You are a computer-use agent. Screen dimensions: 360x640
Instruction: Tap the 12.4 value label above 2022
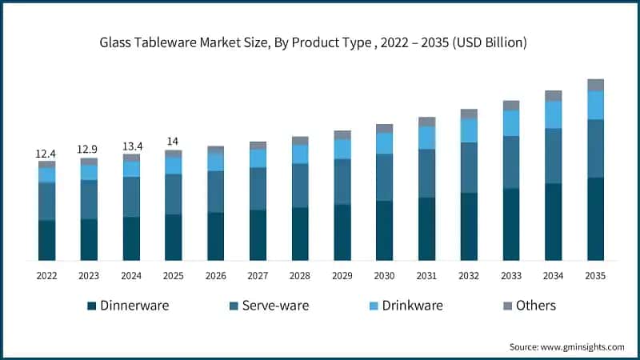coord(46,153)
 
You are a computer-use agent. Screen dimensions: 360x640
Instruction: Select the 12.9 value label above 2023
coord(89,150)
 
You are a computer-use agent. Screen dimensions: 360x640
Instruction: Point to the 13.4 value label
coord(131,146)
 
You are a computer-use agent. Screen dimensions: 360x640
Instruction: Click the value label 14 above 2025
coord(173,142)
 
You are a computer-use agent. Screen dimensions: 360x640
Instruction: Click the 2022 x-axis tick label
coord(46,275)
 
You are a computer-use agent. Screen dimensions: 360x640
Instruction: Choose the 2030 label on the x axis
coord(384,275)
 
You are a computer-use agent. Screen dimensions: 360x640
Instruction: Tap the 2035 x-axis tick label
coord(595,275)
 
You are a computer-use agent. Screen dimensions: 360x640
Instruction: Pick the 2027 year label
coord(258,275)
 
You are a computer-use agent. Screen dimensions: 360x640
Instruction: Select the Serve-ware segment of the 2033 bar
coord(510,162)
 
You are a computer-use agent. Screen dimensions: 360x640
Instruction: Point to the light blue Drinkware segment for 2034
coord(553,114)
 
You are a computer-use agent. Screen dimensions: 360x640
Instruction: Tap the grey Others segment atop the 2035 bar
coord(595,85)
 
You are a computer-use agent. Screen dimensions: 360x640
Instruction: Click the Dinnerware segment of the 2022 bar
coord(46,240)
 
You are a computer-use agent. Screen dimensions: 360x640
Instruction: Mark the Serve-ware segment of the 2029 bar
coord(342,182)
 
